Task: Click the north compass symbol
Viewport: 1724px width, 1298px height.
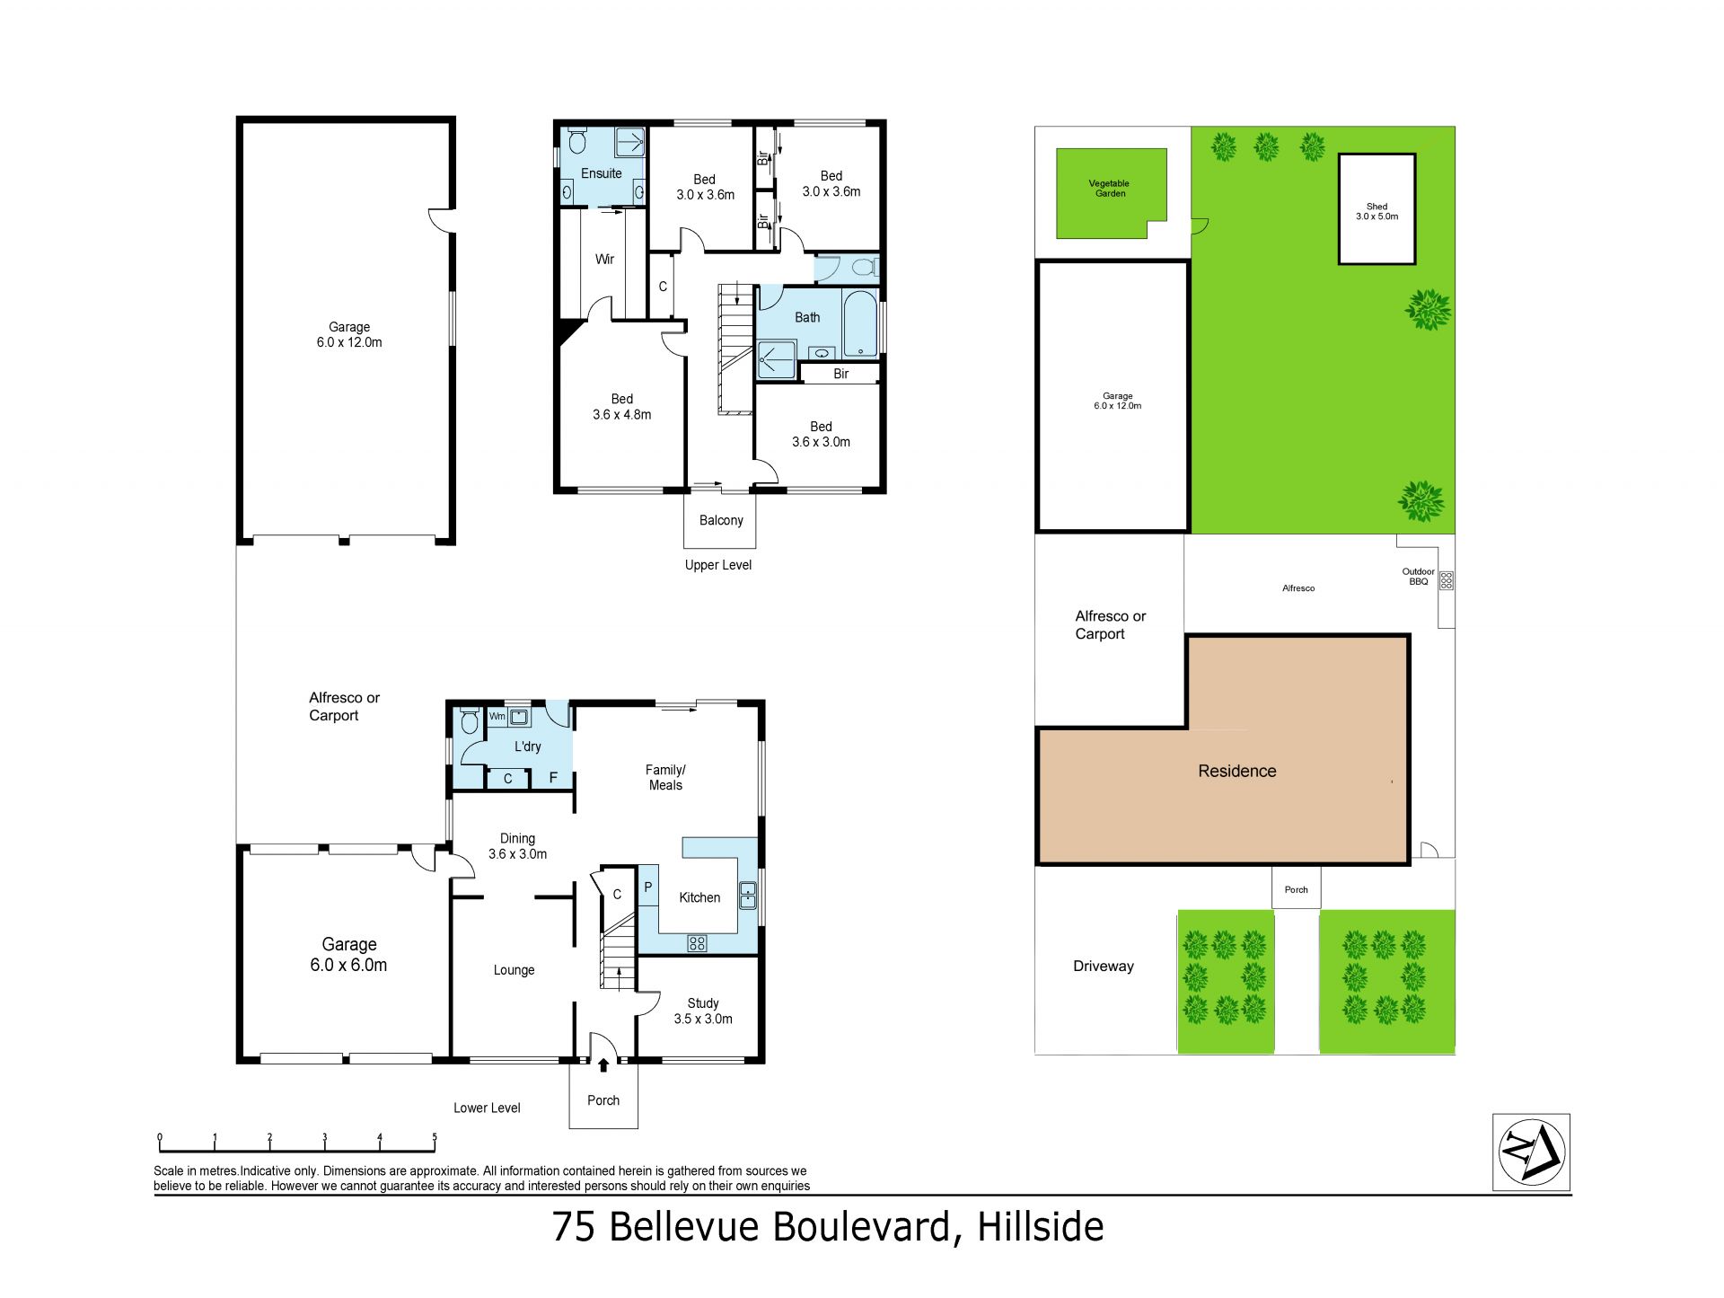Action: point(1531,1152)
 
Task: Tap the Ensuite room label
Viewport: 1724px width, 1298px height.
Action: point(601,173)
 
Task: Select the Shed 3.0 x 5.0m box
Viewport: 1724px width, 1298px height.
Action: point(1377,209)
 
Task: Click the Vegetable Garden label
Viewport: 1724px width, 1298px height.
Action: point(1110,188)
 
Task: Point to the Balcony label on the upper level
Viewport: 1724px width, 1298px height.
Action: point(721,520)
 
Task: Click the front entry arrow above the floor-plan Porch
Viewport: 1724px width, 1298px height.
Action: point(603,1064)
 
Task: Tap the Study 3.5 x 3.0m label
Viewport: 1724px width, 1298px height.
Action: point(703,1011)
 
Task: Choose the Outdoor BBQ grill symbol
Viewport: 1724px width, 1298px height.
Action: point(1446,580)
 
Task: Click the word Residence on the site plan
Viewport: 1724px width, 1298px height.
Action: point(1236,771)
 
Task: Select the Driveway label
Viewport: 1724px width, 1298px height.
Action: point(1104,966)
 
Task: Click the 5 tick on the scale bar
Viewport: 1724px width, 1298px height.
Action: point(435,1142)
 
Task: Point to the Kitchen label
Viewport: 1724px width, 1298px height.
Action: point(699,897)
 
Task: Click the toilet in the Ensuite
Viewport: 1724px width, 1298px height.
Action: point(577,141)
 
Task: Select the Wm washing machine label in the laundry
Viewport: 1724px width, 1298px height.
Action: point(497,717)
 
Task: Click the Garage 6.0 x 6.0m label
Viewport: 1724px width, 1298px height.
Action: point(348,954)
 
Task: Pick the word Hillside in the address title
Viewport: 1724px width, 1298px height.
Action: point(1041,1227)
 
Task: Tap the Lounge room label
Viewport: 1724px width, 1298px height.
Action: point(514,970)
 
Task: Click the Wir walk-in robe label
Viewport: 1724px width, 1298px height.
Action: point(604,259)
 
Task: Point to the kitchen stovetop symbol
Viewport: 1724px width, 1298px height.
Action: point(697,943)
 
